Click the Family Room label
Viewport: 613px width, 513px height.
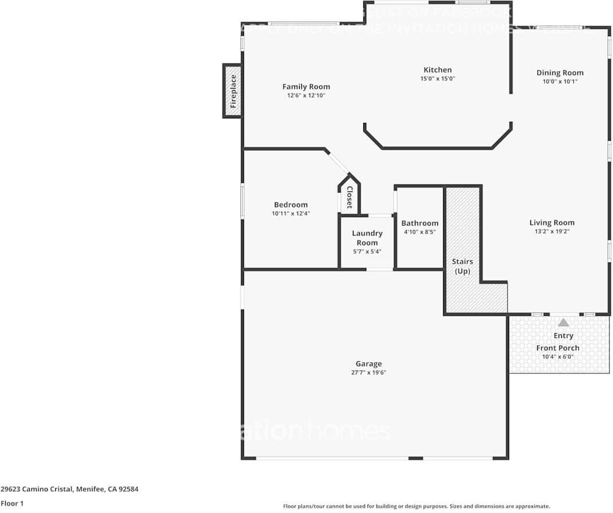coord(306,87)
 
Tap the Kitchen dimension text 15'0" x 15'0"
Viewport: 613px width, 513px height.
coord(437,79)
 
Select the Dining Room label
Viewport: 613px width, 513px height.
coord(560,72)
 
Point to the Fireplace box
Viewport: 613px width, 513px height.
coord(232,91)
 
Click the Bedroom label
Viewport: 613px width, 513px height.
coord(290,205)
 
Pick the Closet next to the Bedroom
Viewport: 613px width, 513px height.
coord(349,197)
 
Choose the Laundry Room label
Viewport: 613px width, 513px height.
coord(367,238)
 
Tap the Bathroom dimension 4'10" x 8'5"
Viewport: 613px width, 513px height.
coord(420,232)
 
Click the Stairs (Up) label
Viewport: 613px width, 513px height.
coord(463,266)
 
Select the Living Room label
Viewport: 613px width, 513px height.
coord(552,222)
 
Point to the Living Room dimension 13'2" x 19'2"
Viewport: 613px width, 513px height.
coord(552,232)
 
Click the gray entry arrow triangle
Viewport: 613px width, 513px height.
coord(564,323)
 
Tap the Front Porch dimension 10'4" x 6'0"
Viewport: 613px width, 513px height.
coord(557,357)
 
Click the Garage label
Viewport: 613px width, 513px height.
coord(368,364)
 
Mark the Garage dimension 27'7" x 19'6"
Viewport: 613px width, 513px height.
coord(368,372)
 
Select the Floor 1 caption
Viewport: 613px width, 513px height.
coord(11,503)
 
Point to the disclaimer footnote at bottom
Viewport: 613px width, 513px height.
coord(416,506)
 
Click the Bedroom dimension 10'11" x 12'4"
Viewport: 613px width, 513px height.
coord(290,214)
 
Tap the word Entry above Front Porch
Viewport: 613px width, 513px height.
coord(563,335)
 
